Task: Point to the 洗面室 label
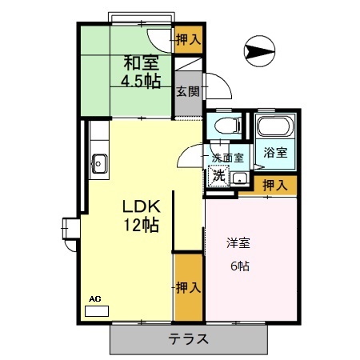tap(230, 158)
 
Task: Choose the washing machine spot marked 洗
tap(217, 176)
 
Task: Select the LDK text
tap(139, 206)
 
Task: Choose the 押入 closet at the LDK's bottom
tap(188, 286)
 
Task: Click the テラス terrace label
tap(189, 338)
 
